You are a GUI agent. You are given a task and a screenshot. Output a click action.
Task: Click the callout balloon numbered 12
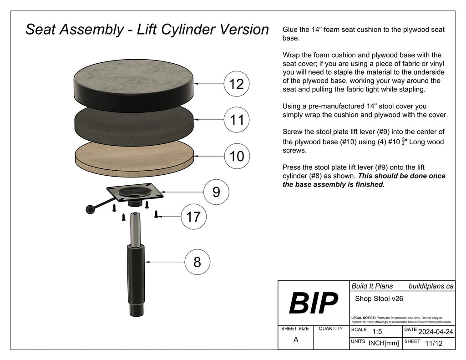coord(237,84)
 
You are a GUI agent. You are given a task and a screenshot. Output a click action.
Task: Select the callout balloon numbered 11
coord(237,120)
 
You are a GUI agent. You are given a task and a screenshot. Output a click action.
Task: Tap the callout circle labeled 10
coord(237,156)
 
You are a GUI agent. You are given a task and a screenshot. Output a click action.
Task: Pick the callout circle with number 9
coord(216,192)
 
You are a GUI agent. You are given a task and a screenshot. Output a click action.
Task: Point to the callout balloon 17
coord(193,217)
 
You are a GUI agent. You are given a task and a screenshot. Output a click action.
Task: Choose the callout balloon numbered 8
coord(197,262)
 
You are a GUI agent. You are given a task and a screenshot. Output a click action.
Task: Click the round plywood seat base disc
coord(134,157)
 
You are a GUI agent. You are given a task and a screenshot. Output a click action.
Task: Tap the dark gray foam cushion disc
coord(134,121)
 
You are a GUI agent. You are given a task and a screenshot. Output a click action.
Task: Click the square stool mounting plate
coord(135,192)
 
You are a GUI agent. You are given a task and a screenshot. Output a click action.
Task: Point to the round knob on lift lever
coord(91,209)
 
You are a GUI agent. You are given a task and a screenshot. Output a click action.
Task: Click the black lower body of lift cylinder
coord(136,278)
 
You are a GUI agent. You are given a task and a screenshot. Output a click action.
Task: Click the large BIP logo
coord(313,304)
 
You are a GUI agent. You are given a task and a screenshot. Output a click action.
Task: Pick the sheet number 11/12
coord(433,344)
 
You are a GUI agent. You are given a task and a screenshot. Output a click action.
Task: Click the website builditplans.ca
coord(431,286)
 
